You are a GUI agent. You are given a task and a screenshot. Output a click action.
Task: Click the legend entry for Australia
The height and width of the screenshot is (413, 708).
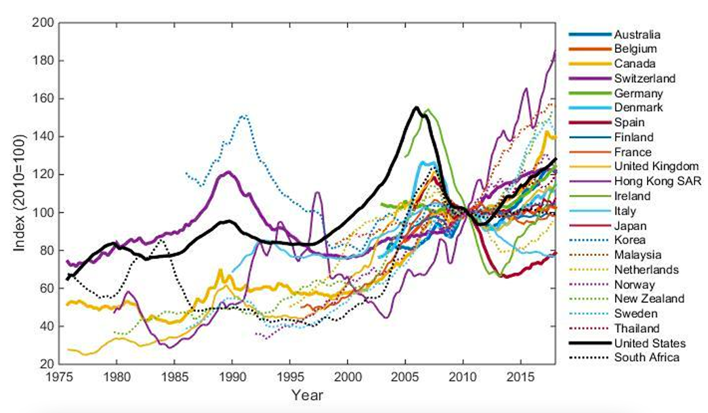tap(637, 35)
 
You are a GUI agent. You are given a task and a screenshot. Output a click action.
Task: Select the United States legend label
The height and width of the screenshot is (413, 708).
tap(646, 343)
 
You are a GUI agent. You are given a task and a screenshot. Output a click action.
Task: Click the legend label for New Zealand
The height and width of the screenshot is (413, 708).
tap(648, 299)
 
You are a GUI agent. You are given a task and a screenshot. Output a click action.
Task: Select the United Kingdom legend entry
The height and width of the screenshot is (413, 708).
tap(651, 167)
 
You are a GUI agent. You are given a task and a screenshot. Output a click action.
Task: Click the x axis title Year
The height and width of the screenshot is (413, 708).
tap(306, 395)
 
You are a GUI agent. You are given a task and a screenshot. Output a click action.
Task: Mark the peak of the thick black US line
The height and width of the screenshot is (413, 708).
tap(416, 107)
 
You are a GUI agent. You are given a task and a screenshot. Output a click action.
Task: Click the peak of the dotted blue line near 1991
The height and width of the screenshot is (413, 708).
tap(244, 115)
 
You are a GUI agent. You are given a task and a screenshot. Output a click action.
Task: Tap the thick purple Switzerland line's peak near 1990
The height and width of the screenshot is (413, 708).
tap(228, 172)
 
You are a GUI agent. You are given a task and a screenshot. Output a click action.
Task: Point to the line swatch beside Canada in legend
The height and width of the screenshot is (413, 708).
tap(587, 64)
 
